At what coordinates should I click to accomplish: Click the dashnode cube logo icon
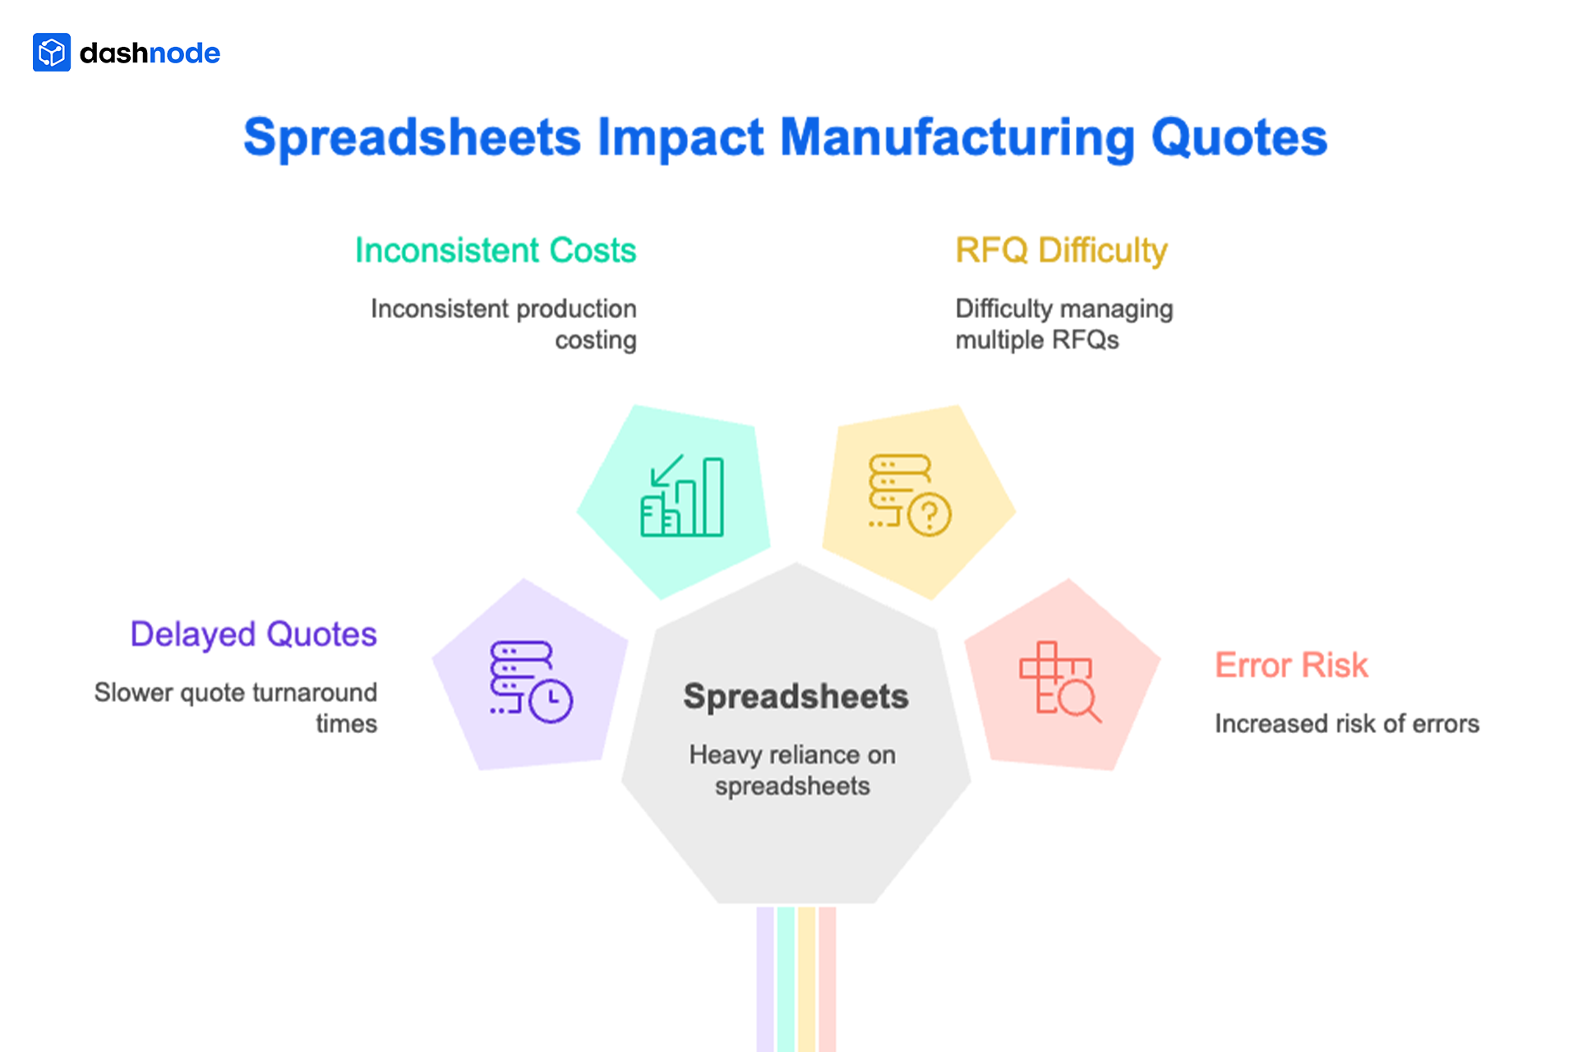click(x=52, y=53)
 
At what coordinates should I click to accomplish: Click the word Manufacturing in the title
click(x=957, y=137)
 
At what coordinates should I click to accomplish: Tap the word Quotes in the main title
click(x=1239, y=137)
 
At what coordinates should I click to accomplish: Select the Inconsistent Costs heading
click(x=496, y=251)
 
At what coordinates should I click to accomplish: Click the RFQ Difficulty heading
click(x=1061, y=251)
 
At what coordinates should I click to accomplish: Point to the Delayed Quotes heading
click(x=253, y=634)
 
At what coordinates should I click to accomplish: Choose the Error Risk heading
click(x=1291, y=666)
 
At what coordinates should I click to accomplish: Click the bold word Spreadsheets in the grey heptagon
click(x=796, y=697)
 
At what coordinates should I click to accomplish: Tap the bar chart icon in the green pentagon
click(x=683, y=497)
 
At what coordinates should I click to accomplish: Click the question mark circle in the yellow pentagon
click(x=930, y=515)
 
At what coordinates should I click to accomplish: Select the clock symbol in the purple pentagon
click(x=551, y=700)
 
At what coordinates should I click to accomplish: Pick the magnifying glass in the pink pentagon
click(x=1077, y=701)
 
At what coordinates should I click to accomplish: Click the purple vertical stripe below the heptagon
click(x=765, y=978)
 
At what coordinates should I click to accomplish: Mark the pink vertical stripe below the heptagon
click(x=828, y=978)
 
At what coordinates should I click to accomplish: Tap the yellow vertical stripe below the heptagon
click(x=806, y=978)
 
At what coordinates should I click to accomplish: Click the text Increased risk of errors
click(x=1346, y=724)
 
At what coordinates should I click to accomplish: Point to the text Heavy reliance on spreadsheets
click(x=792, y=770)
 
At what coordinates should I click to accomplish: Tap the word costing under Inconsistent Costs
click(x=595, y=340)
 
